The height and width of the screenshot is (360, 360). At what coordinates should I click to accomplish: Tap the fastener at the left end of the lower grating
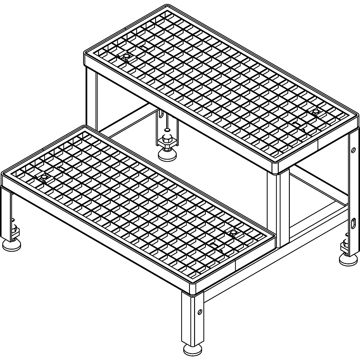(44, 178)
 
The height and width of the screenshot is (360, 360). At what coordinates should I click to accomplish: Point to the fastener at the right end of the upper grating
(316, 112)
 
